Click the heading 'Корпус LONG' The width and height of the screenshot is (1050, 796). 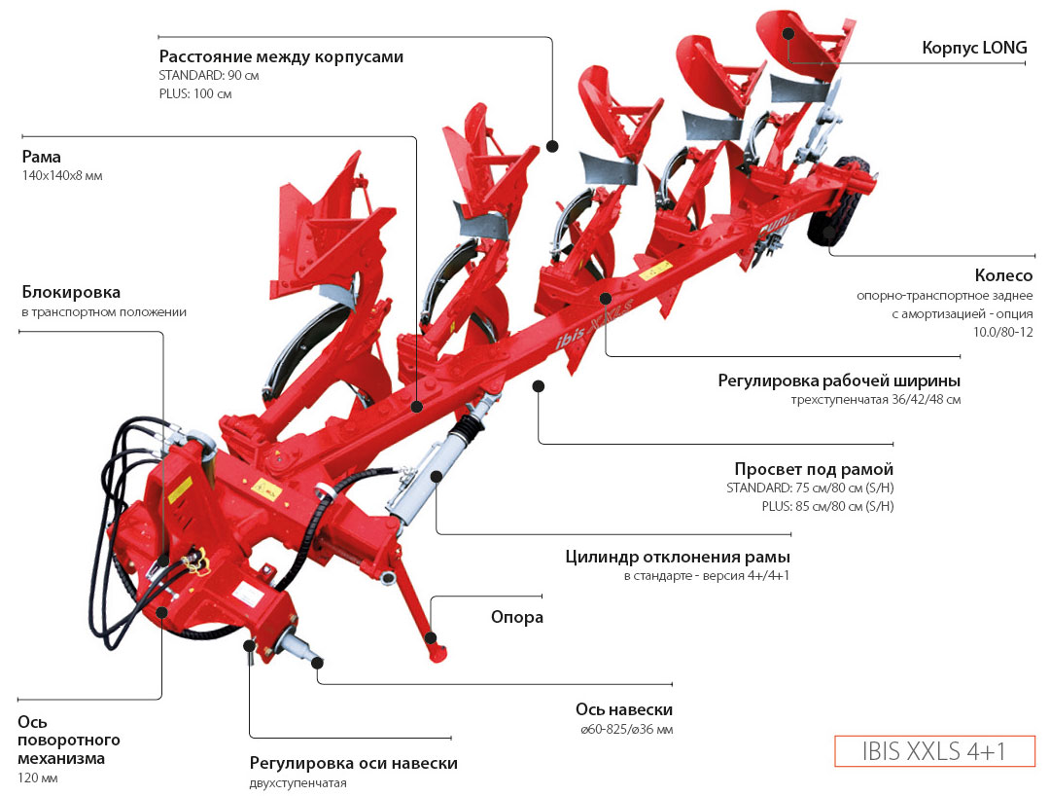coord(972,48)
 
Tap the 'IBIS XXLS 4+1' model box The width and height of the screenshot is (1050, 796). coord(934,751)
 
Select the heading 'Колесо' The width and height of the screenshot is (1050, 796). coord(1003,276)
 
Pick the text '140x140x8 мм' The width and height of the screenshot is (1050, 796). coord(62,176)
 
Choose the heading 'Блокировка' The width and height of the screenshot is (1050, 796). coord(71,292)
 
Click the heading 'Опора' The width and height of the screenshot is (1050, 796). coord(516,617)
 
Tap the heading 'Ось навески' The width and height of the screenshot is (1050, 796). coord(623,709)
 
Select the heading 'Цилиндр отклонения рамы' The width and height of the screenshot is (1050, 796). coord(677,557)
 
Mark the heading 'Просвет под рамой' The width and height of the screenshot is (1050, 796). coord(814,469)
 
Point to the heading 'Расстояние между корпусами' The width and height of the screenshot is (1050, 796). coord(281,56)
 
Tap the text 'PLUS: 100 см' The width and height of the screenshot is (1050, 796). coord(195,94)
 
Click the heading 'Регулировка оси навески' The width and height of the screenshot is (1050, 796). coord(353,763)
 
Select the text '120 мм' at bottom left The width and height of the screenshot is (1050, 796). coord(37,778)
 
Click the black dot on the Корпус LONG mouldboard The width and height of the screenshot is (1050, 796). coord(788,32)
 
